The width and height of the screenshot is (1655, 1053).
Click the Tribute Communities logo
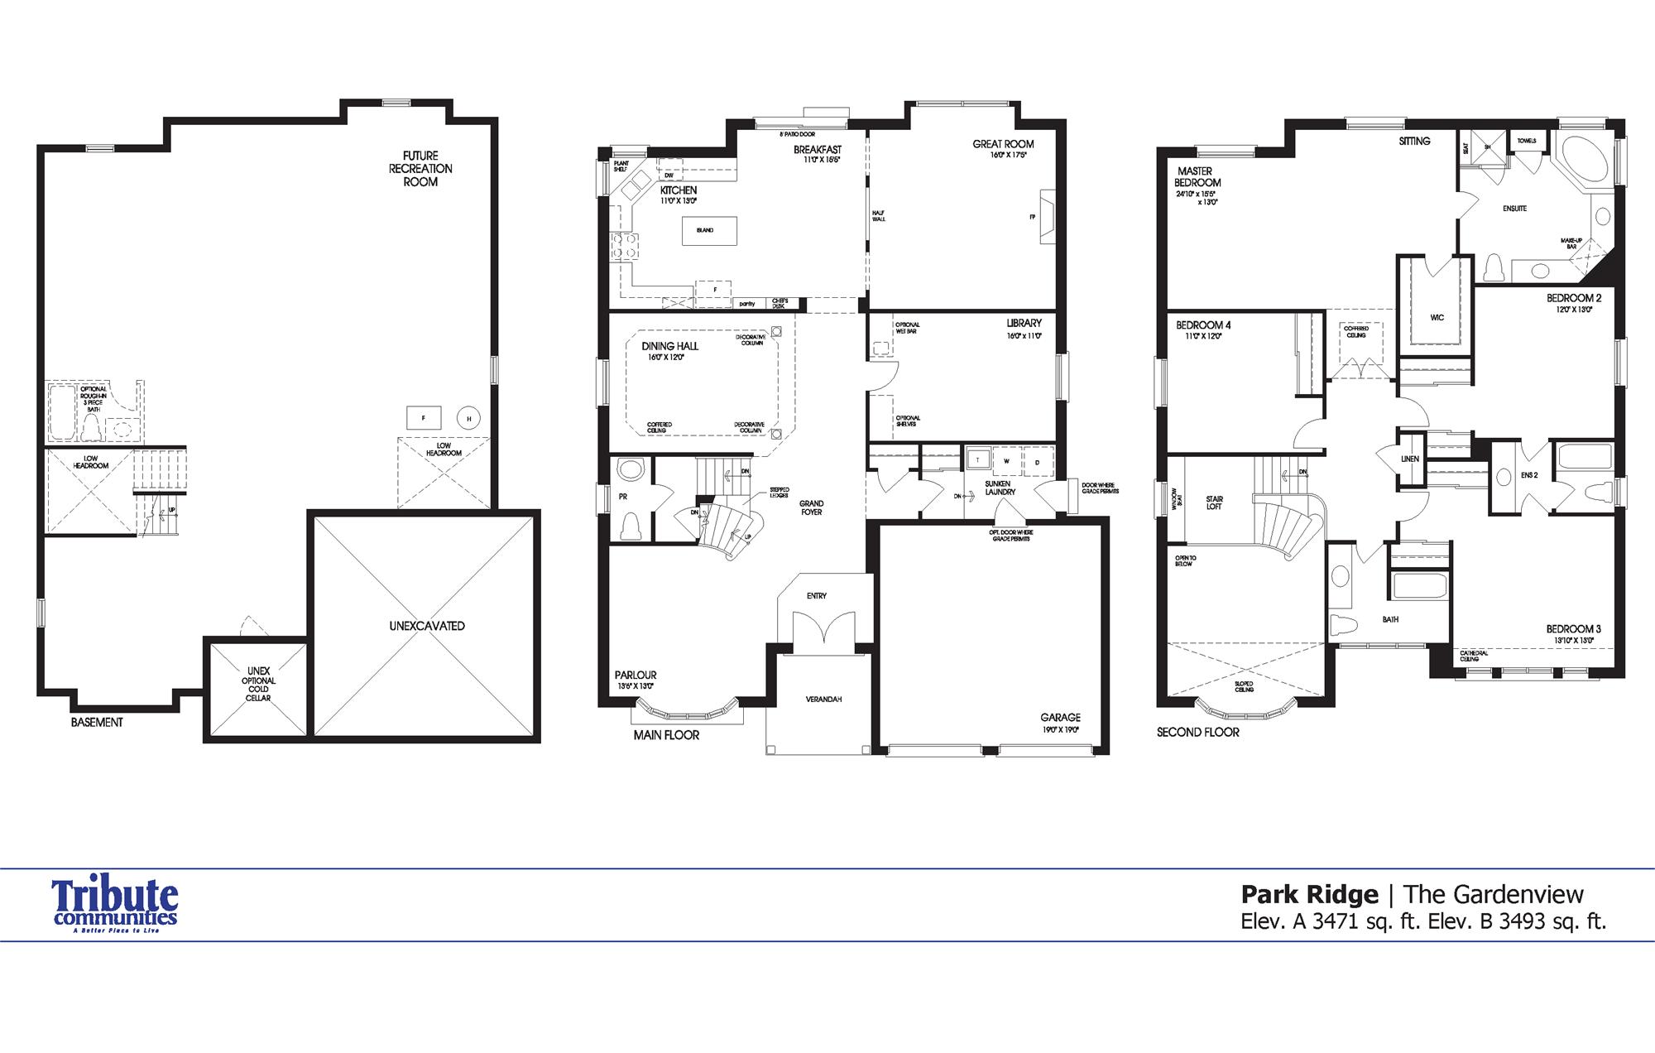(x=115, y=906)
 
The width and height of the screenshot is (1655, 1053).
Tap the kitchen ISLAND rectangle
(x=708, y=230)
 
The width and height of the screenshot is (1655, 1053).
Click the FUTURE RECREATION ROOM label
(x=420, y=168)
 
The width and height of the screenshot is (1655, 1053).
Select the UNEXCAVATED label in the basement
(x=427, y=626)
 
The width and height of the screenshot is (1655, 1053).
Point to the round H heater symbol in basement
(x=468, y=419)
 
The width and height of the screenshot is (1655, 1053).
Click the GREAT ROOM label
(x=1003, y=144)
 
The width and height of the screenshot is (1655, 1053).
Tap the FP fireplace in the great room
(x=1047, y=217)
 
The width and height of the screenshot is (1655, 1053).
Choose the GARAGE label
(x=1060, y=718)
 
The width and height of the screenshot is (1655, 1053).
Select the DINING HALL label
(x=669, y=346)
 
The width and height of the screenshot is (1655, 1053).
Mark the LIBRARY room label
(x=1024, y=323)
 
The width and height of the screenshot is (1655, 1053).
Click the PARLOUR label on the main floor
(x=636, y=675)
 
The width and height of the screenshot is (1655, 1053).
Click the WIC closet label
(x=1437, y=317)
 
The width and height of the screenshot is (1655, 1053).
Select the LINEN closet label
(x=1410, y=459)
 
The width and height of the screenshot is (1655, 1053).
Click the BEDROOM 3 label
(x=1573, y=629)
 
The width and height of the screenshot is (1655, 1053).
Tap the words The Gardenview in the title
(x=1494, y=894)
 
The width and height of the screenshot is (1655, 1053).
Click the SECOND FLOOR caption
(x=1197, y=732)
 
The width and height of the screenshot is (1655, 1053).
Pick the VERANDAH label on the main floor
(x=823, y=700)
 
